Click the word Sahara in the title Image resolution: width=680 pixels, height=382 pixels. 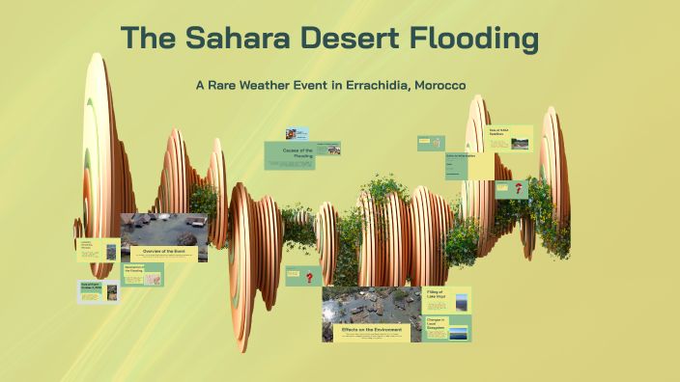pyautogui.click(x=238, y=40)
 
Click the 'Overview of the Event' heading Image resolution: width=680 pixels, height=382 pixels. pyautogui.click(x=163, y=251)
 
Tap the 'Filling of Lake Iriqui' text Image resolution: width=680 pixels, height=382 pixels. pyautogui.click(x=437, y=298)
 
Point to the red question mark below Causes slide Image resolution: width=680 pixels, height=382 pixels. pyautogui.click(x=309, y=278)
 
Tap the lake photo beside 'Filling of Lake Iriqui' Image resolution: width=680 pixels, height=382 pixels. pyautogui.click(x=462, y=301)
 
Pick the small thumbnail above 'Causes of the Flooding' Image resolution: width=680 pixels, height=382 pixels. pyautogui.click(x=296, y=134)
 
